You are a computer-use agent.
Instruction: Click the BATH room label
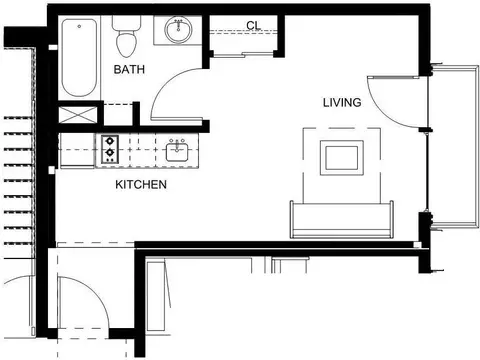click(x=129, y=69)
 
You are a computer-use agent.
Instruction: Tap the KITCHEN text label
click(x=141, y=185)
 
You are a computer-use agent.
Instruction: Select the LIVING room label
click(x=342, y=102)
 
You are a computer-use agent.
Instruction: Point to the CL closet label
click(x=254, y=26)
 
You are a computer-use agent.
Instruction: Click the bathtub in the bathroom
click(x=79, y=58)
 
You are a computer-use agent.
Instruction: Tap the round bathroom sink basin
click(x=178, y=30)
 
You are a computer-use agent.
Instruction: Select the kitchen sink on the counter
click(x=177, y=151)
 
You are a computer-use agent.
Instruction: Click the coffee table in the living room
click(x=342, y=158)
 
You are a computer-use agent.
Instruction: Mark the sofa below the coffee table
click(x=342, y=219)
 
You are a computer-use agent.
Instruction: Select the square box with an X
click(x=78, y=115)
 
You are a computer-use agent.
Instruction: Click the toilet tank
click(x=126, y=23)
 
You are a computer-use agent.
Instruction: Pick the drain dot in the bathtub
click(x=79, y=26)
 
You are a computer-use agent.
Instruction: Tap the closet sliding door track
click(x=243, y=54)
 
